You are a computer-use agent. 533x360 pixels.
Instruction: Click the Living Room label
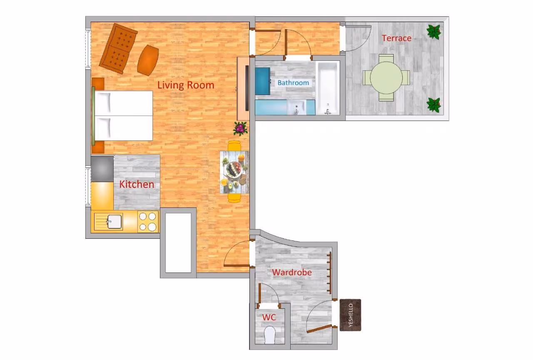186,85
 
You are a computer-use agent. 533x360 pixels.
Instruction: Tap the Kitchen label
137,184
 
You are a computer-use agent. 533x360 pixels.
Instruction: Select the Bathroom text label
293,82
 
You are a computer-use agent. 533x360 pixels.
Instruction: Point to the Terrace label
396,38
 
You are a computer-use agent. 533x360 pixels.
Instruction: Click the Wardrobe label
292,272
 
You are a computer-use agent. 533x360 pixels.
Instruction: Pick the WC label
269,317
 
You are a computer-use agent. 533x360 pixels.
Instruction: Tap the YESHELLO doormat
350,315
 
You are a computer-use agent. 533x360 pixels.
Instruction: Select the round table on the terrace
386,78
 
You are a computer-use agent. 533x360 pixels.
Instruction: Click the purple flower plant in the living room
241,129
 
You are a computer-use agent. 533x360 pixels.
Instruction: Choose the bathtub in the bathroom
328,88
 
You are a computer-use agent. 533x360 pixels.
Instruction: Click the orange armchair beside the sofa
148,60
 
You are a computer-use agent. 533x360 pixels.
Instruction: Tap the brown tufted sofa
118,49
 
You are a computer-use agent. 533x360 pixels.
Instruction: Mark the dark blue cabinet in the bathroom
263,81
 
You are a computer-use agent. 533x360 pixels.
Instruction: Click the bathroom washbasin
296,107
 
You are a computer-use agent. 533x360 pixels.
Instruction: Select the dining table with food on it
234,172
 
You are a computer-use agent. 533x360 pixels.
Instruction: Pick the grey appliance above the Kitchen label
102,169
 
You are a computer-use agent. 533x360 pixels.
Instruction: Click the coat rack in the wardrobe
329,273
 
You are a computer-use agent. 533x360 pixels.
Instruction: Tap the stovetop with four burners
148,221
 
